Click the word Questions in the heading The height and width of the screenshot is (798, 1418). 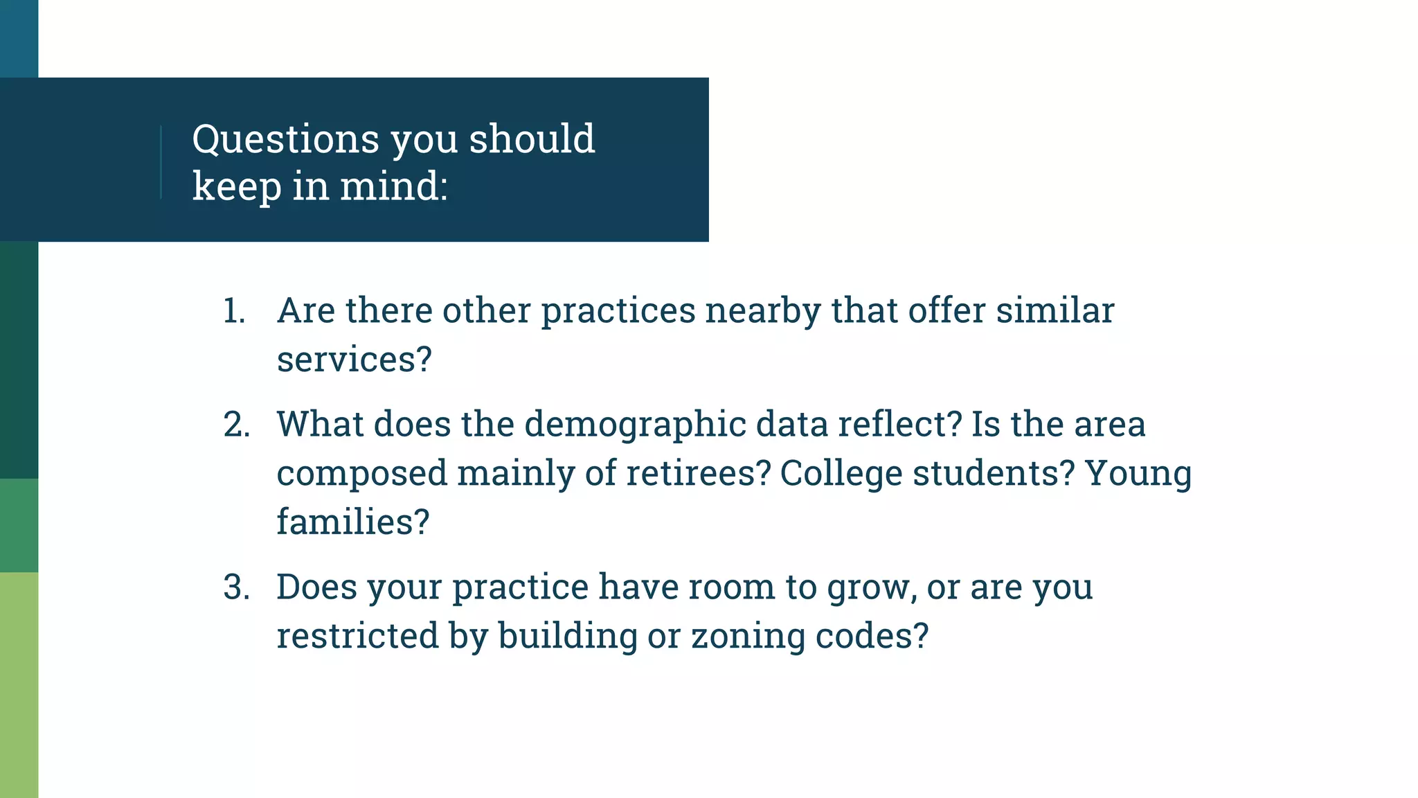(x=285, y=139)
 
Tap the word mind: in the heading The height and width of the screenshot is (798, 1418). (x=393, y=186)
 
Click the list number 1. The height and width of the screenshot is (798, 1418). (x=234, y=311)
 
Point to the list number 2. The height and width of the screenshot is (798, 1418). (x=236, y=425)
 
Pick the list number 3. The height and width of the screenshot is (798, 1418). (x=236, y=587)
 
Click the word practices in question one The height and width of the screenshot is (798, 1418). (x=618, y=311)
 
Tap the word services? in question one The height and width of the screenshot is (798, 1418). (x=354, y=360)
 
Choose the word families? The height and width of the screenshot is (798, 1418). (x=353, y=522)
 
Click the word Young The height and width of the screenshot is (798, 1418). (x=1138, y=473)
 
